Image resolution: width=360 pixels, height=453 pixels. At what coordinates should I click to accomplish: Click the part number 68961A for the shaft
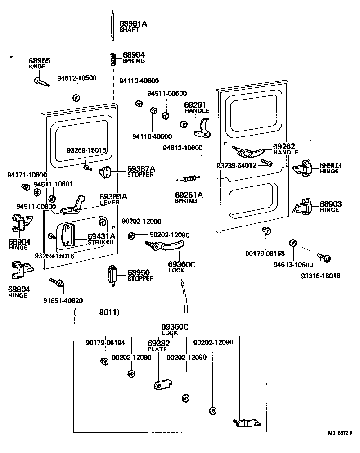pos(133,23)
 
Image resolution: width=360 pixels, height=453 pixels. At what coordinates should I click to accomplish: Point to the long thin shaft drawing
pos(112,27)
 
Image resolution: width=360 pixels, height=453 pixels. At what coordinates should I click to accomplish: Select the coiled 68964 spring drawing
pos(113,59)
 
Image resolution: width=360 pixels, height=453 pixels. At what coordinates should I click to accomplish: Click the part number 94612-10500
pos(76,78)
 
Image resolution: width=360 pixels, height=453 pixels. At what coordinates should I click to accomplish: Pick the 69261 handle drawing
pos(202,127)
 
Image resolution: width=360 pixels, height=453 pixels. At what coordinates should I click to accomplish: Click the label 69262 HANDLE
pos(286,149)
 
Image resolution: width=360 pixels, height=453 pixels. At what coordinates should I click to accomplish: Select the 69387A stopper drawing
pos(106,171)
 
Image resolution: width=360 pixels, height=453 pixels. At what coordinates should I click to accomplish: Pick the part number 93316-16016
pos(324,276)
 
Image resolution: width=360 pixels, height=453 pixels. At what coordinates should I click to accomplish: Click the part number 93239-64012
pos(236,165)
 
